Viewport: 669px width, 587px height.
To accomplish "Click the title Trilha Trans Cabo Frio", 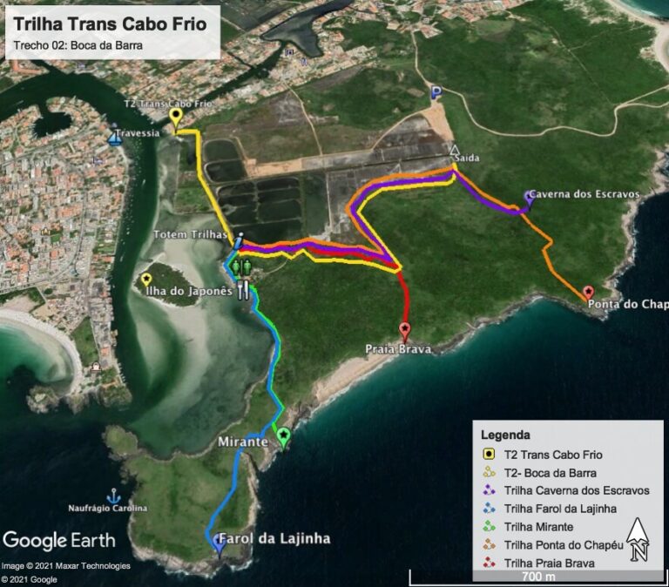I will pyautogui.click(x=110, y=24).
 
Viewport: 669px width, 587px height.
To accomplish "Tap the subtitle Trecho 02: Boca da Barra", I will pyautogui.click(x=78, y=45).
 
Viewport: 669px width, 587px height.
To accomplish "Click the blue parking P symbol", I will pyautogui.click(x=436, y=92).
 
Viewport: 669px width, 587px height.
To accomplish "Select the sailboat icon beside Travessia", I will pyautogui.click(x=114, y=138).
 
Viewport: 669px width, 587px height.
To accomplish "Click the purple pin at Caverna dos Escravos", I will pyautogui.click(x=529, y=198).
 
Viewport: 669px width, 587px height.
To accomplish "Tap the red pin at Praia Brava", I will pyautogui.click(x=404, y=331).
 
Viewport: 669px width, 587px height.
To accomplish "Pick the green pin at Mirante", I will pyautogui.click(x=282, y=435).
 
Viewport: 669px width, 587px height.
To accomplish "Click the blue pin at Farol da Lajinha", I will pyautogui.click(x=219, y=543).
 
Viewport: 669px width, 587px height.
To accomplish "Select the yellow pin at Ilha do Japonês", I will pyautogui.click(x=146, y=280).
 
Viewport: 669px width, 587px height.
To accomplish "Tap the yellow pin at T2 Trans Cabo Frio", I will pyautogui.click(x=176, y=117).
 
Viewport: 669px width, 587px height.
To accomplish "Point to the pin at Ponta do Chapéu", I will pyautogui.click(x=589, y=293).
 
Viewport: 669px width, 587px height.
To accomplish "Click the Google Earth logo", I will pyautogui.click(x=59, y=539).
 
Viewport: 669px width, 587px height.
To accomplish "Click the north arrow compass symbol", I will pyautogui.click(x=638, y=538).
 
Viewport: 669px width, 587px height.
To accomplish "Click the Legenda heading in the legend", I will pyautogui.click(x=505, y=434).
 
